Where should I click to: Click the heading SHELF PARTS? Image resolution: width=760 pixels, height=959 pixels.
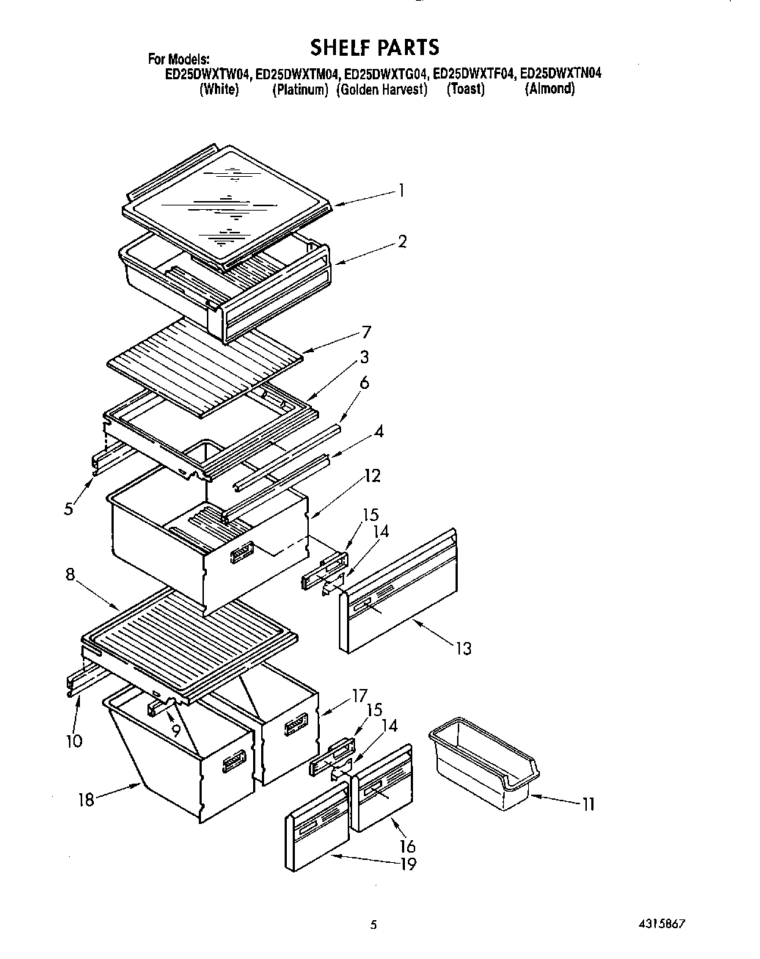tap(375, 48)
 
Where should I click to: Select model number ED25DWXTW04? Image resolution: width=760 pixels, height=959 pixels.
tap(208, 74)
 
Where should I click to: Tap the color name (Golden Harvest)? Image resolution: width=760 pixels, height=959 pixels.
tap(381, 90)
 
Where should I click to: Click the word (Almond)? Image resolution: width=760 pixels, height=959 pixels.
tap(549, 89)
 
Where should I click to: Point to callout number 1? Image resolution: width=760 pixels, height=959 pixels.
tap(401, 190)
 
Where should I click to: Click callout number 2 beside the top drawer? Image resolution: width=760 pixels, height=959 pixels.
tap(402, 241)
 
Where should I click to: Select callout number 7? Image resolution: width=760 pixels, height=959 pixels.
tap(365, 332)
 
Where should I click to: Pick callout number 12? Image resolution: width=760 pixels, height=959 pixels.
tap(372, 476)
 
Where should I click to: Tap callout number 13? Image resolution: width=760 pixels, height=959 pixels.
tap(463, 649)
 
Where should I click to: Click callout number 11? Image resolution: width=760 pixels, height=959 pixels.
tap(588, 804)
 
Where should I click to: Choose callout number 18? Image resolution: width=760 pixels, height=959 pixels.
tap(87, 799)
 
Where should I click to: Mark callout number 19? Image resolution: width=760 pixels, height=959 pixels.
tap(408, 864)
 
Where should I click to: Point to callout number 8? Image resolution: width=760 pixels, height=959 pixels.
tap(70, 575)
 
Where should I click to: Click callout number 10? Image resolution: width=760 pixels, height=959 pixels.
tap(74, 740)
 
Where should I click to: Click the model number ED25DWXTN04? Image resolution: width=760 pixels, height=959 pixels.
tap(561, 74)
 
